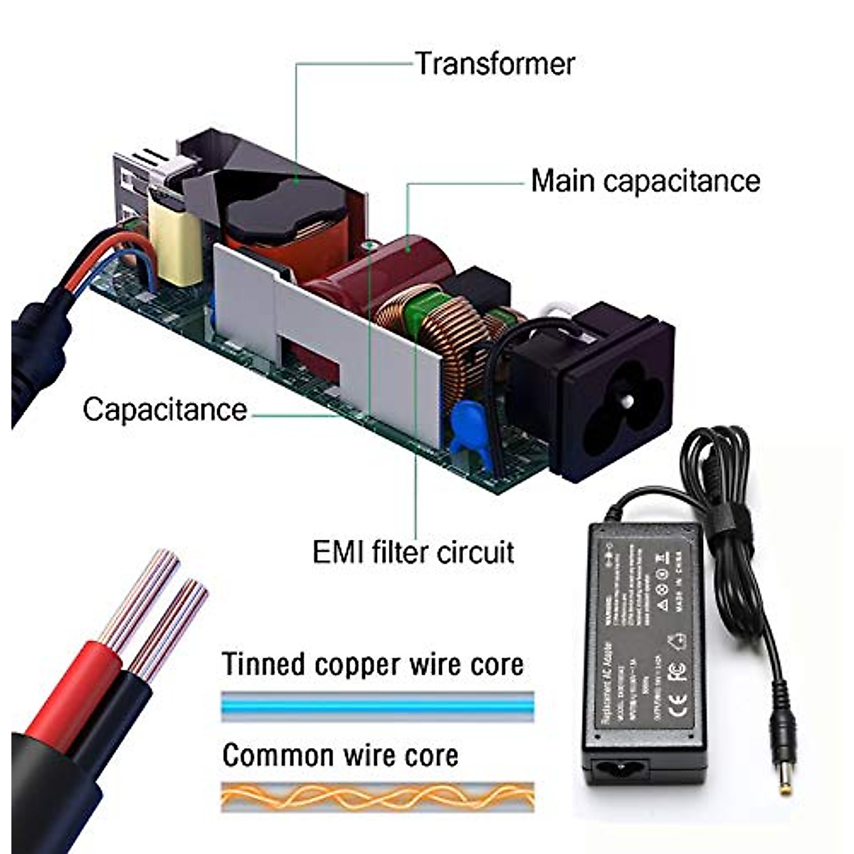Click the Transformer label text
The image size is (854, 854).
pos(495,64)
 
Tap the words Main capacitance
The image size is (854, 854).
pos(645,181)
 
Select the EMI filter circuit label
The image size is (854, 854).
pos(413,552)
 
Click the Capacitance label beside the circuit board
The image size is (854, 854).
pos(164,410)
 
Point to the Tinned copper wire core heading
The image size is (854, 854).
pos(373,664)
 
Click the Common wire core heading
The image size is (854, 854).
pos(340,755)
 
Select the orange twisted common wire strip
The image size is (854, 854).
pos(377,796)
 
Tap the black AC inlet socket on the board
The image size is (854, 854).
pos(612,391)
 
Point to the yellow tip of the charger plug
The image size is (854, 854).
pos(786,783)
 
